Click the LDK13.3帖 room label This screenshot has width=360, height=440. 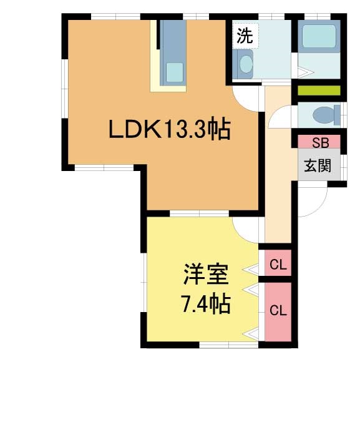coord(170,129)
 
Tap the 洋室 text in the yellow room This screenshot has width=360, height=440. coord(206,274)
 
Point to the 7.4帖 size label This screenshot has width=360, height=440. coord(207,303)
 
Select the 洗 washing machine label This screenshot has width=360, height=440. coord(245,36)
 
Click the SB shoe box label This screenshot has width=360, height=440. coord(321,143)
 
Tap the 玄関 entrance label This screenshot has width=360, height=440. coord(318,165)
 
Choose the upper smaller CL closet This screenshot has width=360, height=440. coord(278,264)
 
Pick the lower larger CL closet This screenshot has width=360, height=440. coord(278,311)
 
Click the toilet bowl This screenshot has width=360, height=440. coord(326,115)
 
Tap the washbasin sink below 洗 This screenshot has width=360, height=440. coord(246,64)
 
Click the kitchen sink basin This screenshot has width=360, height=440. coord(175,72)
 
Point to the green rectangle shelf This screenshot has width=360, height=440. coord(319,90)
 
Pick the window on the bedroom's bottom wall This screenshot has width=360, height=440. coord(229,345)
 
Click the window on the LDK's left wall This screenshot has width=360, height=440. coord(65,89)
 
